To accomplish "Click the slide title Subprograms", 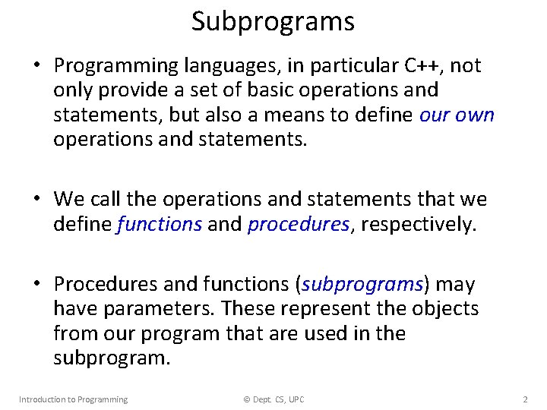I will coord(273,21).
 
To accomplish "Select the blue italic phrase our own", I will coord(457,115).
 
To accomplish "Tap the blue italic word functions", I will coord(160,224).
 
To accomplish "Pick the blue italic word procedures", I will coord(299,224).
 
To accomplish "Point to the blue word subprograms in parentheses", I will coord(362,285).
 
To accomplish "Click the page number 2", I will coord(525,399).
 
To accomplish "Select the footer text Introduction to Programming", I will coord(73,399).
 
